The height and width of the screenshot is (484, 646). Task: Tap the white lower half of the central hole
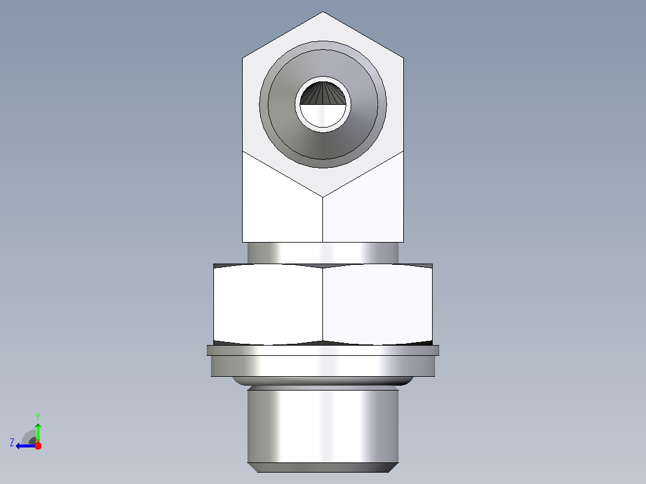click(x=322, y=116)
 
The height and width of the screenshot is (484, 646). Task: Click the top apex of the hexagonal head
click(x=322, y=12)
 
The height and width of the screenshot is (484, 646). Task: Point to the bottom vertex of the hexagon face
click(x=322, y=197)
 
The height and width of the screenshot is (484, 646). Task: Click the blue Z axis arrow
click(x=26, y=446)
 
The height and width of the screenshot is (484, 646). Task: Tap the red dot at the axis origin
click(x=38, y=446)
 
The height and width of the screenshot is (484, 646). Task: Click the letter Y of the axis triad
click(x=38, y=416)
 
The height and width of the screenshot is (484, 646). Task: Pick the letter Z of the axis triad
click(x=12, y=443)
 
